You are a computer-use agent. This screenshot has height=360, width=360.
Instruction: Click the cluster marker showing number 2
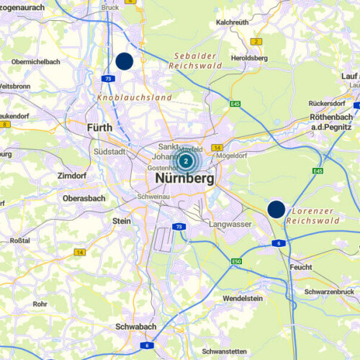[x=186, y=161]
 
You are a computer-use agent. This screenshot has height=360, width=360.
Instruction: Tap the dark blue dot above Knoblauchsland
[x=125, y=61]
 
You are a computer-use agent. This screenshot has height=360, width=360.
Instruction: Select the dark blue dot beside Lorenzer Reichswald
[x=276, y=209]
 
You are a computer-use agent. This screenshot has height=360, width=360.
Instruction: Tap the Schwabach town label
[x=137, y=326]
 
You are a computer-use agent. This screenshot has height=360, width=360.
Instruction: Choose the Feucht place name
[x=300, y=266]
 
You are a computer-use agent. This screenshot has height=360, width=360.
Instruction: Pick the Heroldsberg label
[x=249, y=58]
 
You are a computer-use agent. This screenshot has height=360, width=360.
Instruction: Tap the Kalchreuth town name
[x=232, y=22]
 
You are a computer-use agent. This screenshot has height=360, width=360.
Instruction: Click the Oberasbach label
[x=84, y=198]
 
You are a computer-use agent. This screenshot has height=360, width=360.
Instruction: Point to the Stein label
[x=121, y=221]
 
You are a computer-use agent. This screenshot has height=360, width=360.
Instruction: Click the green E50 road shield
[x=237, y=261]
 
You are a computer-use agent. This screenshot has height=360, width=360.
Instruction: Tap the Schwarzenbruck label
[x=329, y=292]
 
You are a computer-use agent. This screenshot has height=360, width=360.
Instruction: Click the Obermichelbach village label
[x=35, y=62]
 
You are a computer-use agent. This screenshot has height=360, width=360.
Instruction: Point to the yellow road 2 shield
[x=256, y=42]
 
